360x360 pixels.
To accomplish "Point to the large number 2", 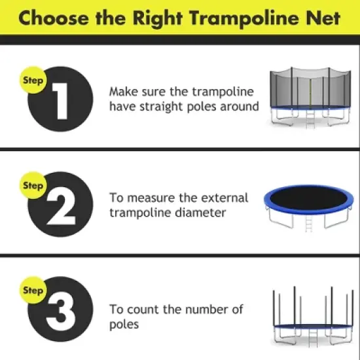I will click(x=61, y=207).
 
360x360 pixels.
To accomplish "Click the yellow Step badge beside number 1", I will click(x=33, y=81).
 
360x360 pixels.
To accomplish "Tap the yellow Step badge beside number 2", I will click(x=33, y=186).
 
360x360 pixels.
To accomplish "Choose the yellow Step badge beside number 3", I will click(x=33, y=290).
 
